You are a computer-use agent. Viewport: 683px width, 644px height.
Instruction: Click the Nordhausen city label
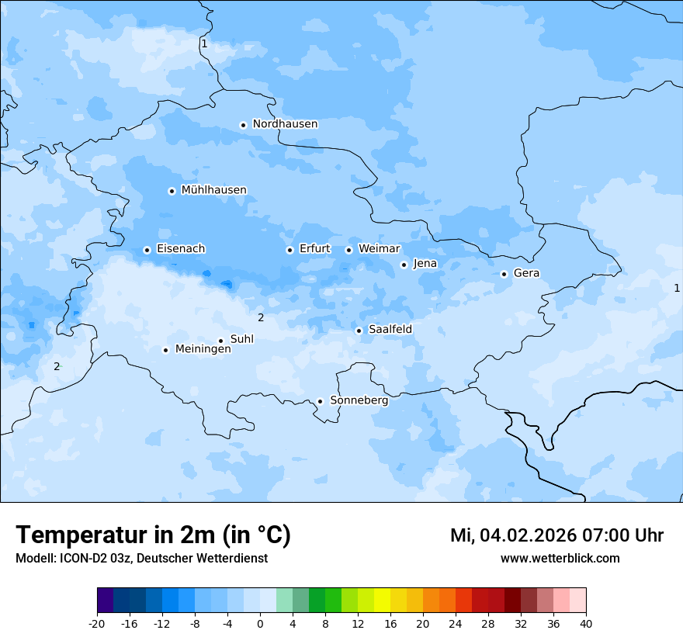[285, 124]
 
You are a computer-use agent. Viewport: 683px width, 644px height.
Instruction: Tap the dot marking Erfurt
[289, 250]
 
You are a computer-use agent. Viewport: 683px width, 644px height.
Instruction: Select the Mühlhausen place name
[213, 190]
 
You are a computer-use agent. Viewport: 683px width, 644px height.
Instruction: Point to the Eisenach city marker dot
[147, 250]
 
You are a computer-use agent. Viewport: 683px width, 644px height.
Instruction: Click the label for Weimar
[379, 249]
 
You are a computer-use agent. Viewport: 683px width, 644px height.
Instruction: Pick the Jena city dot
[404, 265]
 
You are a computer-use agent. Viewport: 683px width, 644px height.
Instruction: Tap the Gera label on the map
[526, 273]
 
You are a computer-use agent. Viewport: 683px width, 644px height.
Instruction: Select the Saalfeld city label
[390, 330]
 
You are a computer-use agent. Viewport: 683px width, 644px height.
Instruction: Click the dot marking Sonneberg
[320, 401]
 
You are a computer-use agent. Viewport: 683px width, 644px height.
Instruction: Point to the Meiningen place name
[203, 349]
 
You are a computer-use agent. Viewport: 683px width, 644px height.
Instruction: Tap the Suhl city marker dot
[220, 341]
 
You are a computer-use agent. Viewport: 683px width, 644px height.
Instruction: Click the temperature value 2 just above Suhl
[261, 317]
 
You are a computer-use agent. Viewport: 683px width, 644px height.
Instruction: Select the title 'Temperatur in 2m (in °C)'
[153, 535]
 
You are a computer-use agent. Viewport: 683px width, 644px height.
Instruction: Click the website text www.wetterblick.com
[560, 559]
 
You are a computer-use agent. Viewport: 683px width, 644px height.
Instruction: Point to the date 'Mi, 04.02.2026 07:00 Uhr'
[556, 535]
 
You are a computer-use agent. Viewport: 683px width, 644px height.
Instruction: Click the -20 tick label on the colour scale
[97, 624]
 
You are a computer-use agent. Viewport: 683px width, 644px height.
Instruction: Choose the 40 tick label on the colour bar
[585, 624]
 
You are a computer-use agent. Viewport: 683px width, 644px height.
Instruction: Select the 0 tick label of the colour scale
[260, 624]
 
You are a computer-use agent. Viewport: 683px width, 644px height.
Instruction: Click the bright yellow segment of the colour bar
[382, 601]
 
